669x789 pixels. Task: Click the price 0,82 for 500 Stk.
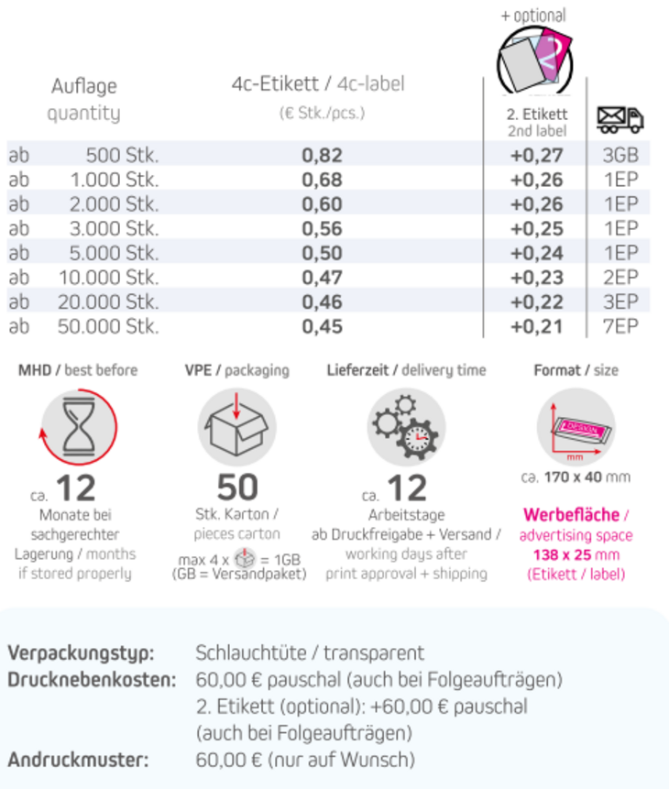pos(322,155)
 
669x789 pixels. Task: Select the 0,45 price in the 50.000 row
pos(322,326)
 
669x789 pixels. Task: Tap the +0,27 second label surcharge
pos(537,155)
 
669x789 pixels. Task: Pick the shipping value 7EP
pos(620,326)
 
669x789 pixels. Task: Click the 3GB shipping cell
pos(620,155)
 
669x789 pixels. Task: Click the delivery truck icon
pos(620,119)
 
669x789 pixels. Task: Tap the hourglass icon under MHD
pos(79,426)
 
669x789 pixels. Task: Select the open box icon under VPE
pos(236,426)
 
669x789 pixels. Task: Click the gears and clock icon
pos(407,426)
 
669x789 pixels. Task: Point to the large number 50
pos(237,488)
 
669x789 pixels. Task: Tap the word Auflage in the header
pos(83,87)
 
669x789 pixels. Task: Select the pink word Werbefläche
pos(571,515)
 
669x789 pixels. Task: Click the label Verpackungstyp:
pos(81,653)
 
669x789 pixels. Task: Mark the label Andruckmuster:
pos(78,760)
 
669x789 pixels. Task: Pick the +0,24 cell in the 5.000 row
pos(537,253)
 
